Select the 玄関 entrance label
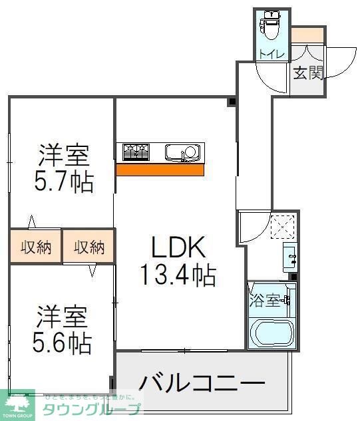pos(307,72)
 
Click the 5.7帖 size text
pos(64,181)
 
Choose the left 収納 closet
pos(36,247)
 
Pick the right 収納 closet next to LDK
pos(89,247)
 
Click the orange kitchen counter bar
pos(160,170)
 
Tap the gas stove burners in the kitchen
pos(136,152)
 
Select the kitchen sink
pos(182,152)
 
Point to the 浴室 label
pos(264,301)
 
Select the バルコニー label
pos(202,384)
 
